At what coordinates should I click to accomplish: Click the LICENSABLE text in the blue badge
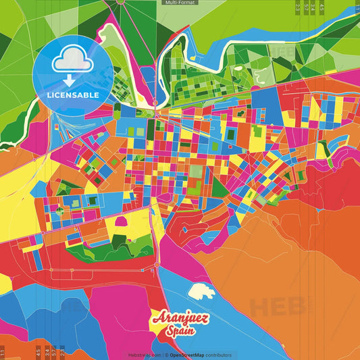tap(73, 95)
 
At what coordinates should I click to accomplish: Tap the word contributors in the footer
tap(219, 355)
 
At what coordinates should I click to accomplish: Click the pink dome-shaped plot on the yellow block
tap(122, 221)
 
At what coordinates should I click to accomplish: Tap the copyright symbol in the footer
tap(166, 355)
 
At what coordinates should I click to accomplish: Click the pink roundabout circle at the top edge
tap(122, 2)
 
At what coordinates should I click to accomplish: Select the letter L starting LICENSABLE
tap(49, 95)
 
